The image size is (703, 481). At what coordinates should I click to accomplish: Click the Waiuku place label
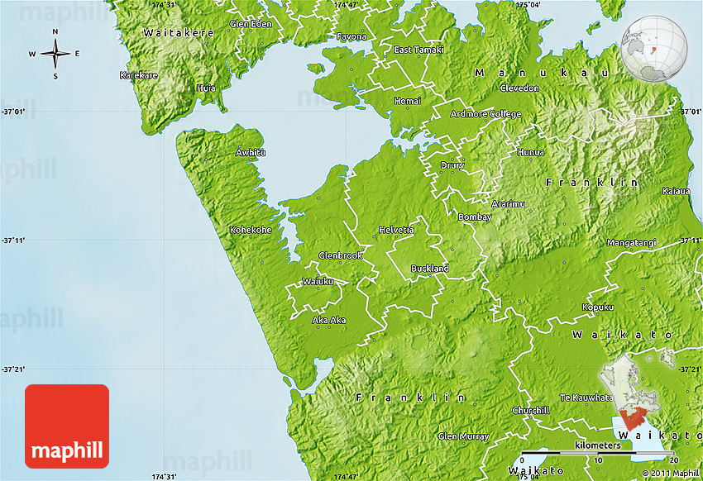click(318, 281)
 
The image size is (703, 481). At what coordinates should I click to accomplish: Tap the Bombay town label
click(475, 217)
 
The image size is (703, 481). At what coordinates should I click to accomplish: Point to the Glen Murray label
click(459, 436)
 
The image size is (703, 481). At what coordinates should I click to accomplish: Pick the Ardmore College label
click(485, 114)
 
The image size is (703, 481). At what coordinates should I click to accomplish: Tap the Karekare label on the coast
click(138, 75)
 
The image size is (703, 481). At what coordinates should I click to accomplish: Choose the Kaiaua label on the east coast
click(676, 191)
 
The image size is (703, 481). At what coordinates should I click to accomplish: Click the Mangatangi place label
click(631, 242)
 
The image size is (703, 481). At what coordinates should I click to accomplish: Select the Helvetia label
click(395, 229)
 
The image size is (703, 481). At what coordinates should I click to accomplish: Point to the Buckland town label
click(430, 269)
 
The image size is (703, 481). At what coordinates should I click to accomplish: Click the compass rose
click(55, 55)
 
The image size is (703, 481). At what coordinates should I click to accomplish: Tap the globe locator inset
click(654, 49)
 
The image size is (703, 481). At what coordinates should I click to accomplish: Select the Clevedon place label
click(519, 88)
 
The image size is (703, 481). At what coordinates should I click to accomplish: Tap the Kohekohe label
click(251, 230)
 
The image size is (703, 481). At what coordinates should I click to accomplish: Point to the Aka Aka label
click(328, 320)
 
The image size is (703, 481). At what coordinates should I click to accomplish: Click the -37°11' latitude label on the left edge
click(14, 240)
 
